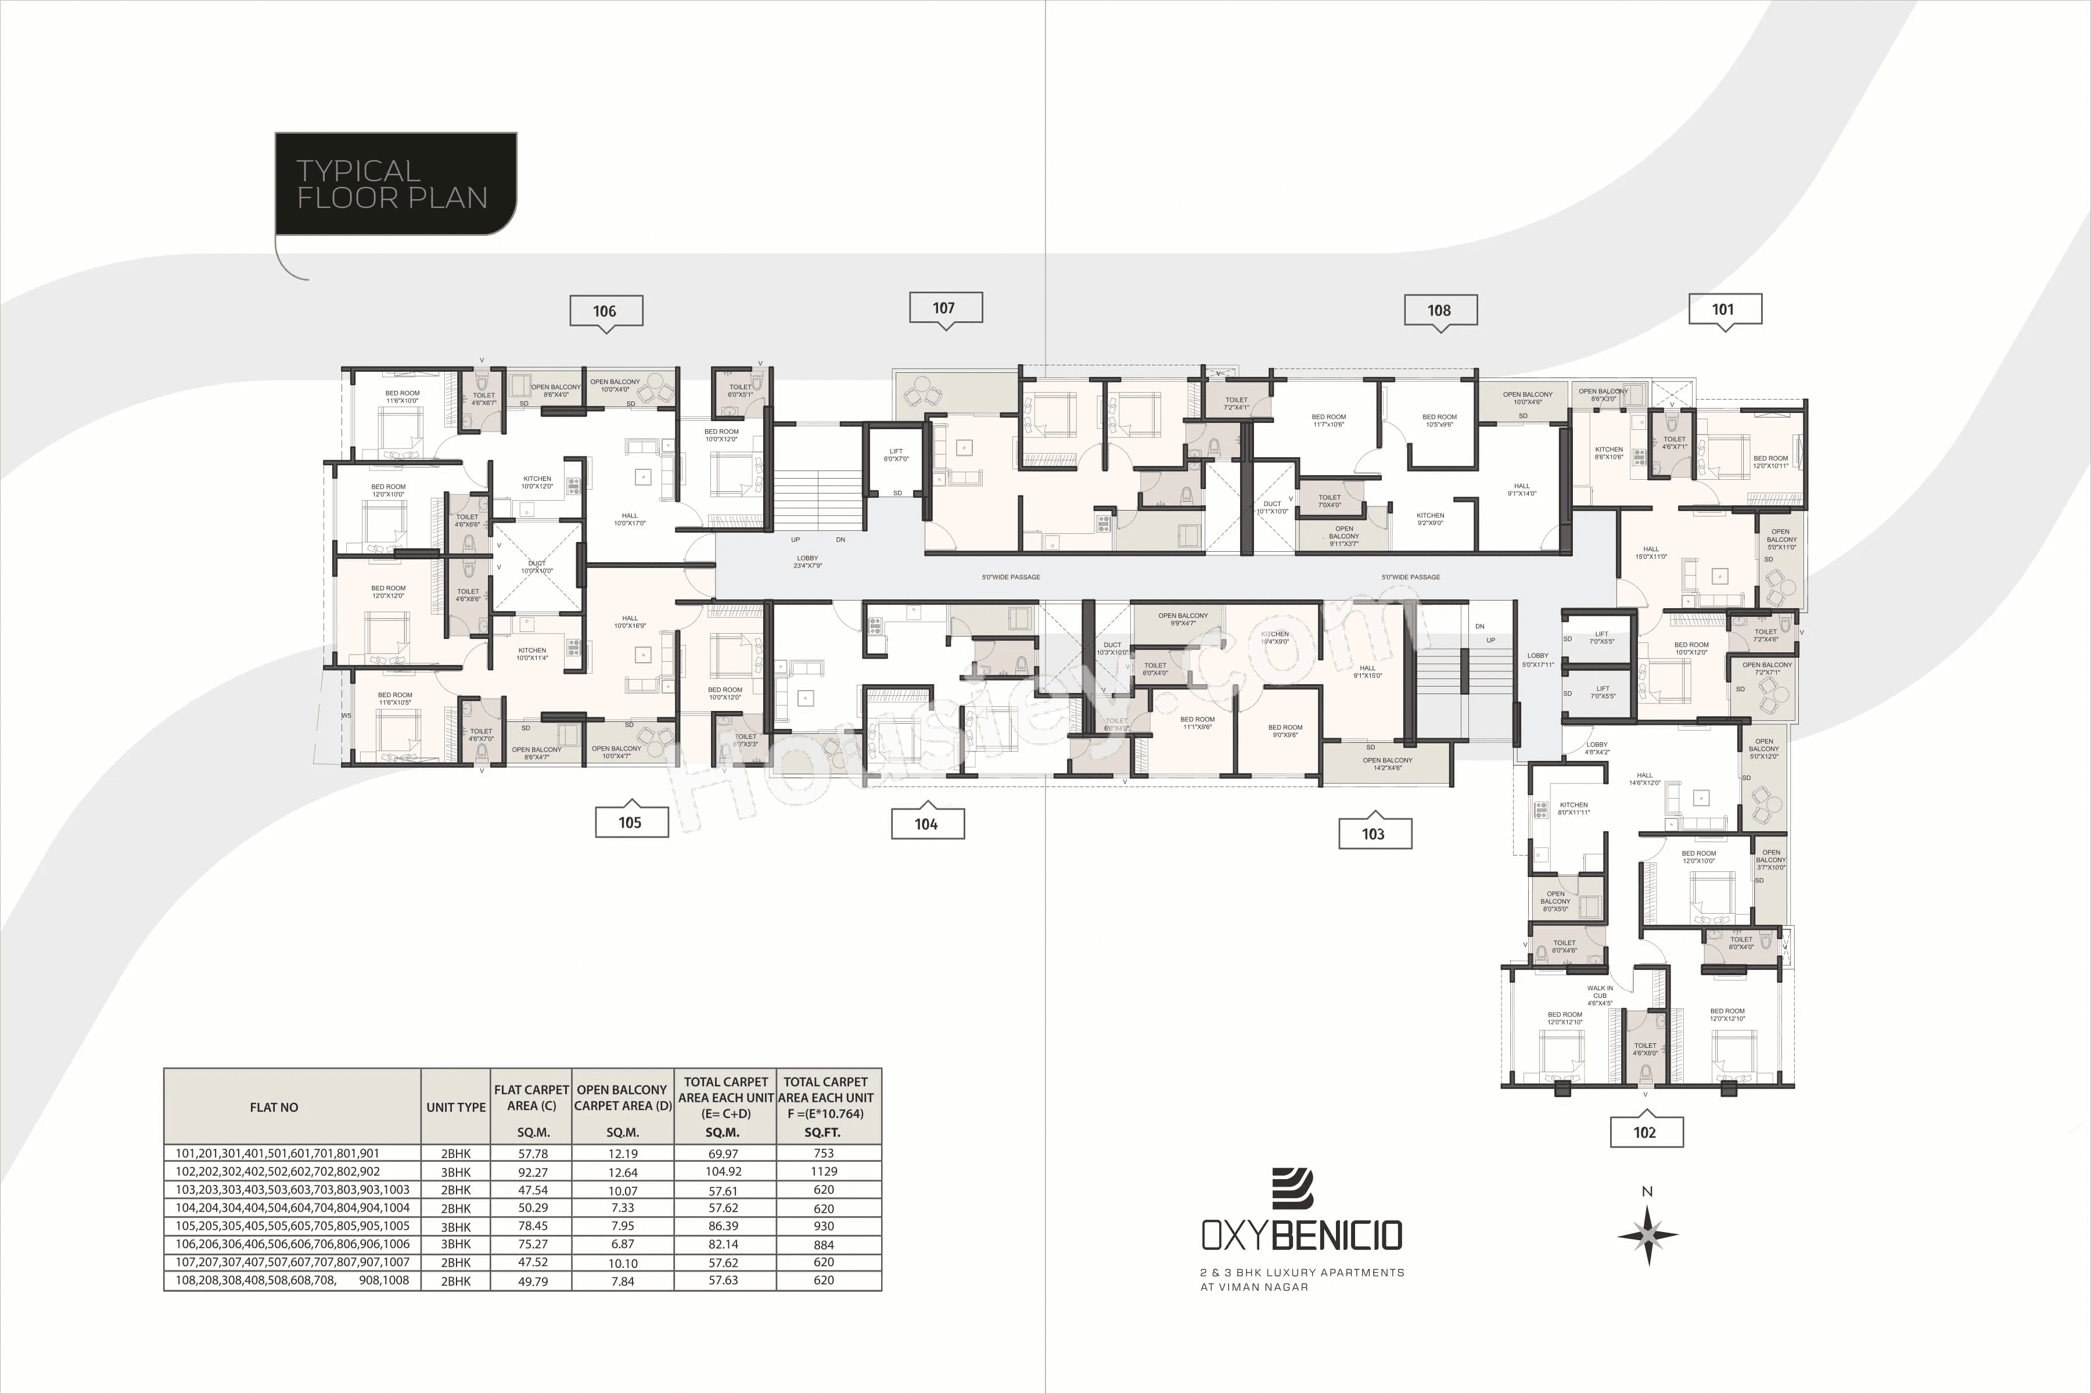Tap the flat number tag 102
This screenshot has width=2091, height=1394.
pyautogui.click(x=1645, y=1131)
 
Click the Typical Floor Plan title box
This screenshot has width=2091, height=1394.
pyautogui.click(x=395, y=184)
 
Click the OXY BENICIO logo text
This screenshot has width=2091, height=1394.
pyautogui.click(x=1302, y=1235)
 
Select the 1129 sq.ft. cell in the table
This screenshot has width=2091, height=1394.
pyautogui.click(x=824, y=1172)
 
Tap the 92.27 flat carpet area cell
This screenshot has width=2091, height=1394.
pyautogui.click(x=533, y=1172)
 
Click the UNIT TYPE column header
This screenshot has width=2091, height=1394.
pyautogui.click(x=456, y=1107)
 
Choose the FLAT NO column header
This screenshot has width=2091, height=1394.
pyautogui.click(x=274, y=1107)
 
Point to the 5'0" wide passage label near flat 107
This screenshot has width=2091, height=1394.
pyautogui.click(x=1011, y=577)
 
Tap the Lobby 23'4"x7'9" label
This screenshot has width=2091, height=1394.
pyautogui.click(x=807, y=562)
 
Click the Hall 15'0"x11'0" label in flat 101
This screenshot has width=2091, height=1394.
pyautogui.click(x=1651, y=553)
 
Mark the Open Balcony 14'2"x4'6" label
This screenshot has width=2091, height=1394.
pyautogui.click(x=1387, y=764)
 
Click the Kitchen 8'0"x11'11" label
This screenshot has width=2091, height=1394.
pyautogui.click(x=1573, y=808)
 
